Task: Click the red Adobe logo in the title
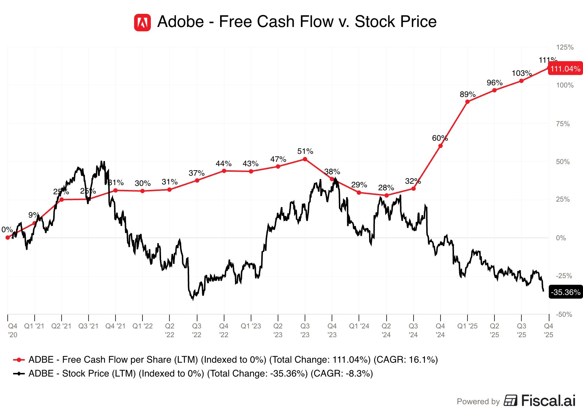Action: [x=142, y=23]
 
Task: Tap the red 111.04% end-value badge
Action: [x=565, y=69]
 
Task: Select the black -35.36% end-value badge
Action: [x=566, y=292]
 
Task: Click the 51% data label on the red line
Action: [x=305, y=151]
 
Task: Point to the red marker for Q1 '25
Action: [x=467, y=102]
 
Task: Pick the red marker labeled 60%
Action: [x=441, y=146]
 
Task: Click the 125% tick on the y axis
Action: [x=565, y=47]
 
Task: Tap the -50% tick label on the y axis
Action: [x=564, y=314]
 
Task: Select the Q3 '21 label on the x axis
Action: [x=88, y=326]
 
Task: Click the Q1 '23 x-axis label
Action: [x=251, y=326]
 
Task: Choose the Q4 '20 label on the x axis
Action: [x=13, y=330]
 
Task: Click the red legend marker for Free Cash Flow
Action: [x=19, y=360]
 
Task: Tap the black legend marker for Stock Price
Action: [x=19, y=374]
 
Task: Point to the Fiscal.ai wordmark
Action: [x=548, y=401]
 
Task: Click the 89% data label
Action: [x=467, y=94]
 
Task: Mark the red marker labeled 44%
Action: [x=224, y=171]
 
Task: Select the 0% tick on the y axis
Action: [x=561, y=238]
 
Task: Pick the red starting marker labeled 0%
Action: [x=8, y=238]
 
